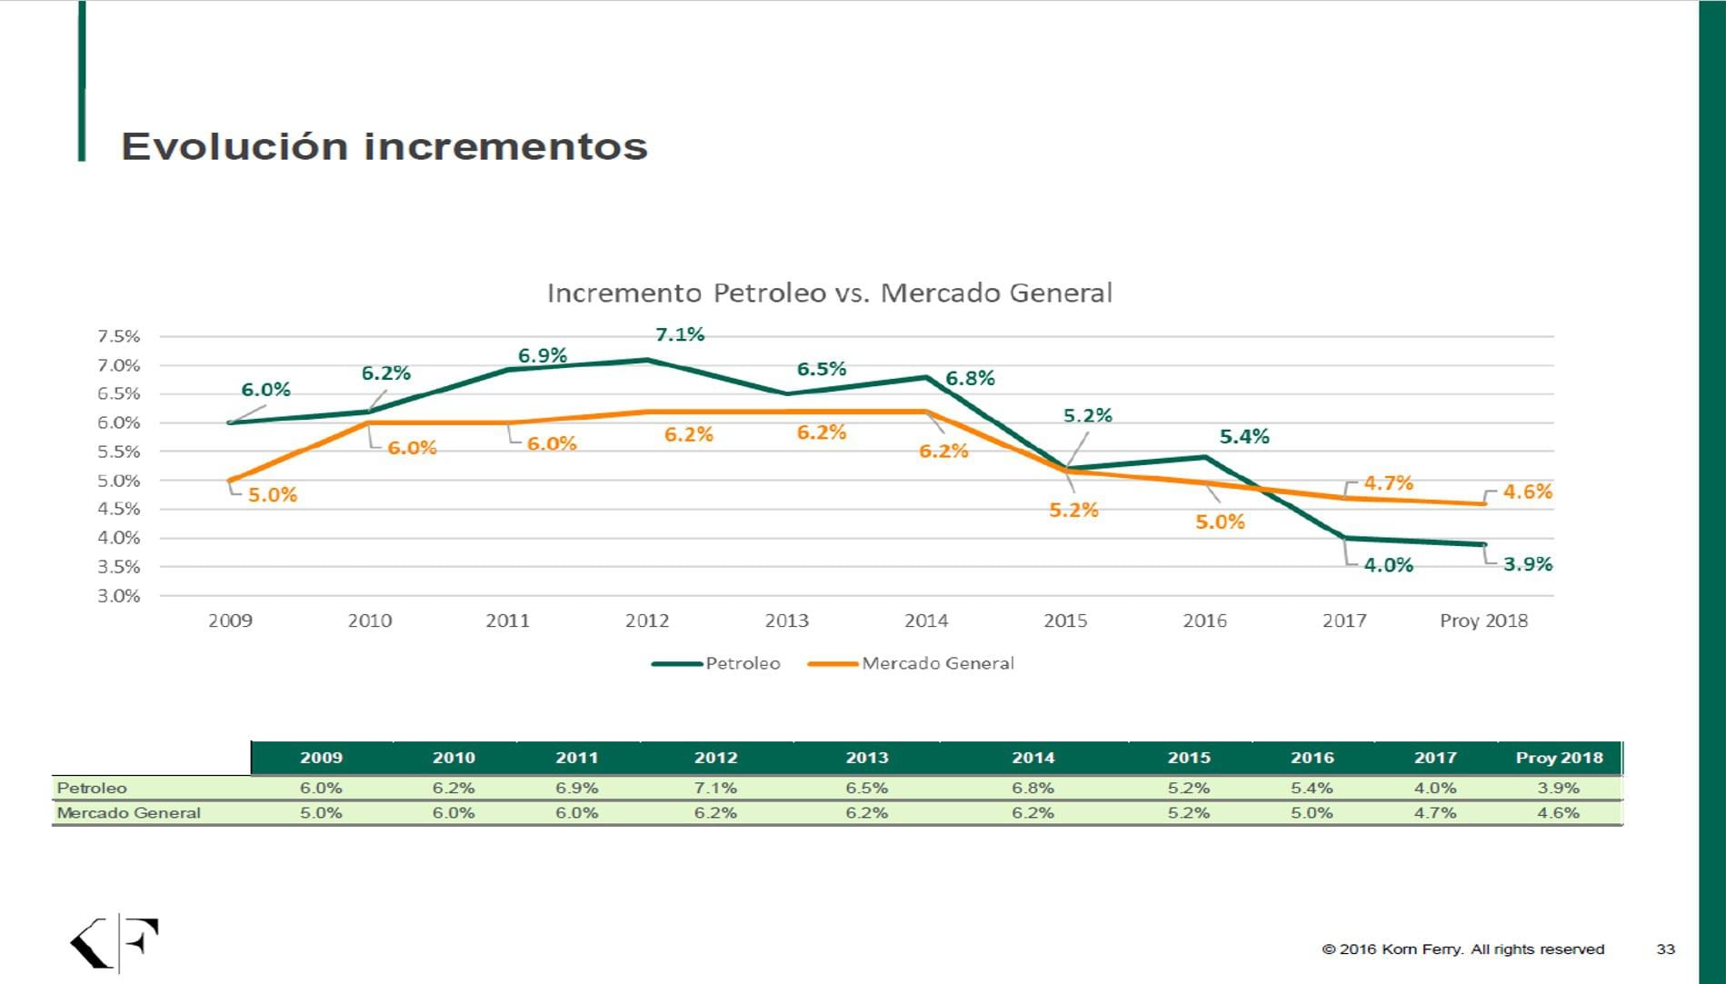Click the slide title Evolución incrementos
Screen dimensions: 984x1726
(384, 146)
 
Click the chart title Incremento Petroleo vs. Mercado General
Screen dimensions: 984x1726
(829, 293)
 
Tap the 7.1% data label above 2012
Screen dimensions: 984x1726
(679, 334)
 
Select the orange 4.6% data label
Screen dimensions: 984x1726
(1527, 492)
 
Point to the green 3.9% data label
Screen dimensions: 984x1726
(1527, 564)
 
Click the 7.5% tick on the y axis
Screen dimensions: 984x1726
(119, 336)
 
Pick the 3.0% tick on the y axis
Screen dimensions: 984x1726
(119, 596)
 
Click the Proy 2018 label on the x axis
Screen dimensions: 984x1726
(1483, 621)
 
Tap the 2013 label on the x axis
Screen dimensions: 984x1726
(786, 621)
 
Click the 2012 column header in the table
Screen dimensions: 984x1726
(715, 758)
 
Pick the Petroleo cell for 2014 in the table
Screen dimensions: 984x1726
(1033, 788)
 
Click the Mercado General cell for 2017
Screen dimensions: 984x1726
(1434, 812)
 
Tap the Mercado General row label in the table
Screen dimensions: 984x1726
(128, 812)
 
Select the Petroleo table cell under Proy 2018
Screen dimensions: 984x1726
(1558, 788)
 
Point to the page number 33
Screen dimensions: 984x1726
(1665, 949)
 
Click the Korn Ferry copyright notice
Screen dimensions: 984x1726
(1462, 949)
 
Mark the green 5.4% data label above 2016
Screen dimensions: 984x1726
(1243, 437)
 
